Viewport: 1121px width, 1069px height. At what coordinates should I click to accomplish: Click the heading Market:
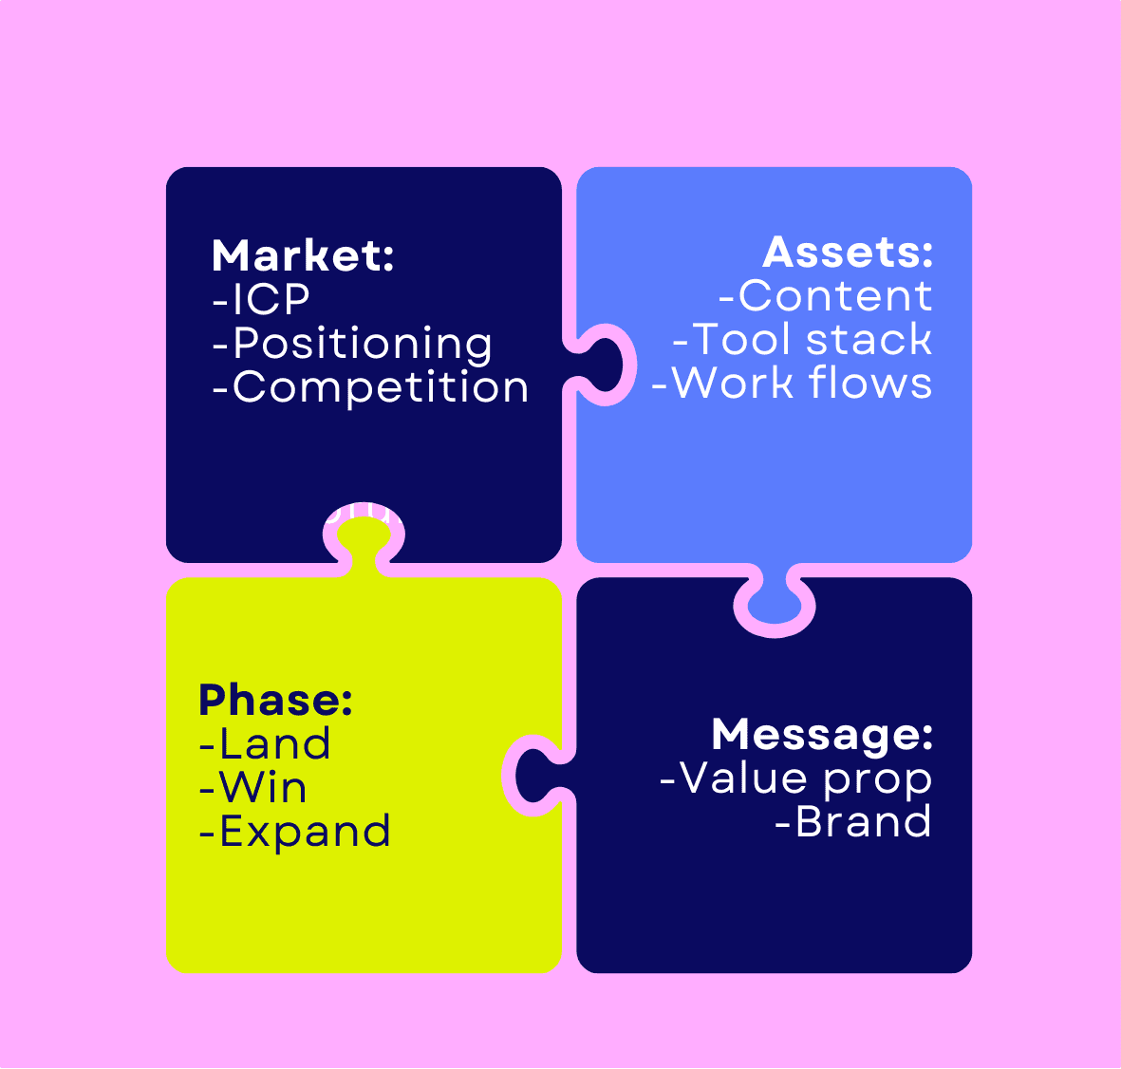tap(303, 256)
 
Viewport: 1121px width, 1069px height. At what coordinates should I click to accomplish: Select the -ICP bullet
tap(261, 300)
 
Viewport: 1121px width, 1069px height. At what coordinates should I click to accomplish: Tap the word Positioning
tap(362, 344)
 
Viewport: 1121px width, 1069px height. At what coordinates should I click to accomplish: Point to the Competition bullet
tap(370, 387)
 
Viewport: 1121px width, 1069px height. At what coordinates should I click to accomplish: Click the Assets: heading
tap(848, 253)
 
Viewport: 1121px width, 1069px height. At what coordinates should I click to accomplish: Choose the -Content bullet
tap(826, 296)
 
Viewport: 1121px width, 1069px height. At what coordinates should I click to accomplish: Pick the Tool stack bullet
tap(802, 340)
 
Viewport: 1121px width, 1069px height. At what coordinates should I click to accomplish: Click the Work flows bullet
tap(792, 384)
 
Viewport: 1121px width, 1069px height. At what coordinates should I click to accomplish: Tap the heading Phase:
tap(275, 701)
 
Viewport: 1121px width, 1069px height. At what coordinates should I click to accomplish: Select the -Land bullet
tap(265, 744)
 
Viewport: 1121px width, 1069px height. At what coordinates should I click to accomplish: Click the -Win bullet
tap(253, 788)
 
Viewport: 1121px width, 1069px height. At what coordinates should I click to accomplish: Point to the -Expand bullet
tap(295, 832)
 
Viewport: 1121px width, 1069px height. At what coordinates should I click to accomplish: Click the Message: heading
tap(822, 735)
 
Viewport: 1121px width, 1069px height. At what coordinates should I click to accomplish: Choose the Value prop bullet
tap(795, 778)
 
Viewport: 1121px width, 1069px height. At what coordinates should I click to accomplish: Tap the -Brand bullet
tap(852, 822)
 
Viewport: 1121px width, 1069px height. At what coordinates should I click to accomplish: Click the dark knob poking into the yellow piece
tap(537, 776)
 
